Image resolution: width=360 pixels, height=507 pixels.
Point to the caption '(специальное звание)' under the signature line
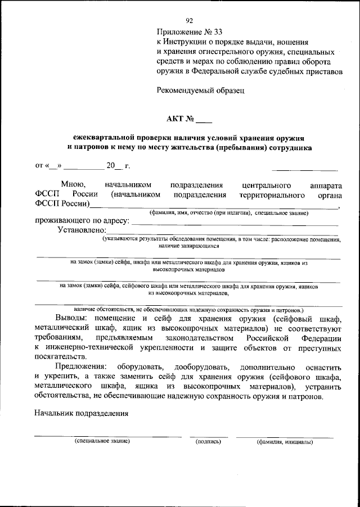(102, 442)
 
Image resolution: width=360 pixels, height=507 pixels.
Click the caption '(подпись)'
(208, 442)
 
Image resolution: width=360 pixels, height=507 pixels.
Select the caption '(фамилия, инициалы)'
(284, 442)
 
